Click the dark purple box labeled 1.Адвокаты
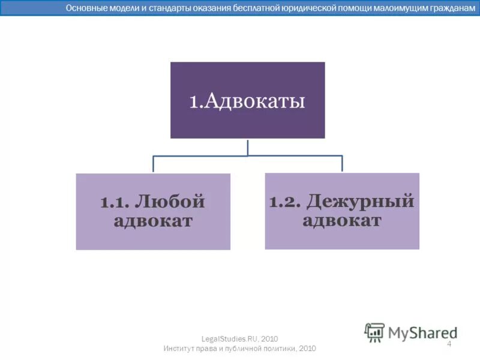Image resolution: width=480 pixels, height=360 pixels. click(247, 100)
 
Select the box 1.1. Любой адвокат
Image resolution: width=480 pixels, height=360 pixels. click(153, 211)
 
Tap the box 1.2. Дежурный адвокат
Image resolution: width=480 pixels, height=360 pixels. click(342, 211)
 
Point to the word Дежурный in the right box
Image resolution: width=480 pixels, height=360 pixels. click(360, 201)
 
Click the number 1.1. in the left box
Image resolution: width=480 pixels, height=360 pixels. click(117, 203)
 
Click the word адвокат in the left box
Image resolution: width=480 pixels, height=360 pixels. click(153, 221)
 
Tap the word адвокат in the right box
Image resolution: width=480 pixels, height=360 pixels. click(342, 220)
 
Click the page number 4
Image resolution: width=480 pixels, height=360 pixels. click(449, 344)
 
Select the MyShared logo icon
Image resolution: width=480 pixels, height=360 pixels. click(375, 332)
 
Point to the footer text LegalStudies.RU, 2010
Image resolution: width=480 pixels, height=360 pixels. click(239, 339)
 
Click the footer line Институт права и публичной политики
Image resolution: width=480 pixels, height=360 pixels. click(239, 349)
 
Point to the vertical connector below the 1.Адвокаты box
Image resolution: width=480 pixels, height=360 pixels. click(248, 147)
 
